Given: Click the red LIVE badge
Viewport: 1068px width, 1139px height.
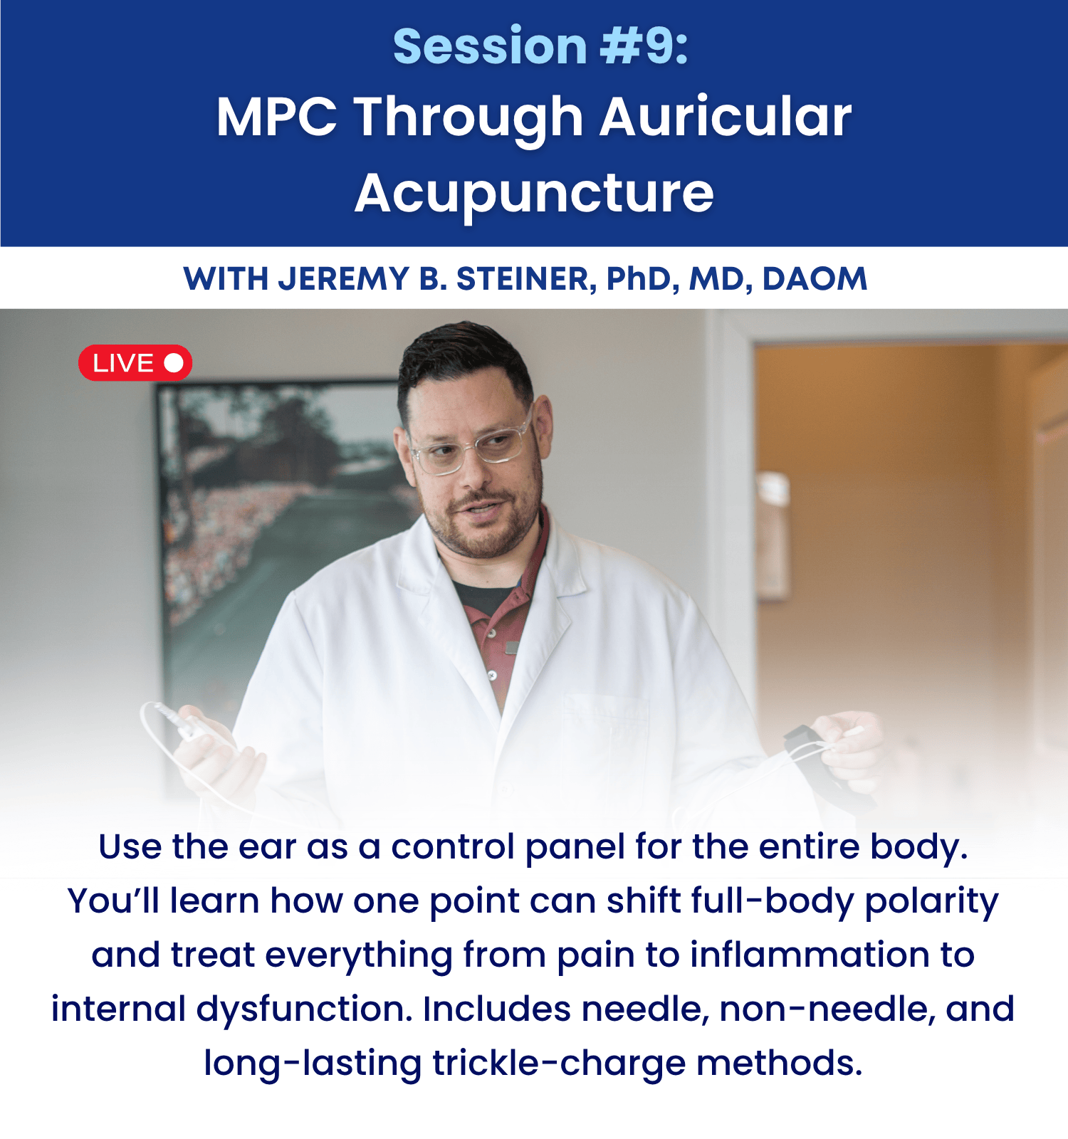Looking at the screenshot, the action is pos(135,363).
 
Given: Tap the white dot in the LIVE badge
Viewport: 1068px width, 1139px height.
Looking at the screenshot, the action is pos(174,363).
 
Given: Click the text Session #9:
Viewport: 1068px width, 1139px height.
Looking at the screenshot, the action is pos(540,46).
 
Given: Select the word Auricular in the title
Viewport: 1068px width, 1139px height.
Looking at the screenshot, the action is pos(726,117).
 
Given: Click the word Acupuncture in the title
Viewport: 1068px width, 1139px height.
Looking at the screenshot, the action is pos(534,193).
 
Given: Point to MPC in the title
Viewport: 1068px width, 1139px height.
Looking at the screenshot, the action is pos(277,117).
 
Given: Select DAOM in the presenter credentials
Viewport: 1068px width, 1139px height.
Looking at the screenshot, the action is pos(815,279).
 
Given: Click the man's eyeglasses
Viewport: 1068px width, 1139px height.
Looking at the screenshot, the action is pos(471,447).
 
